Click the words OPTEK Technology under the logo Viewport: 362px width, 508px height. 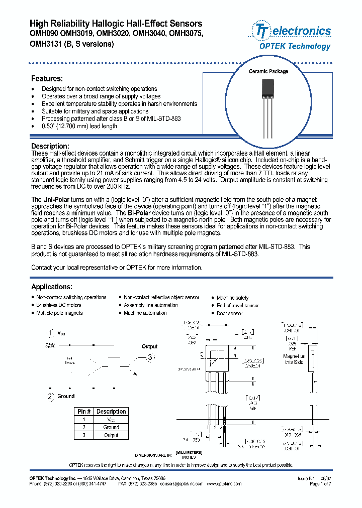(295, 46)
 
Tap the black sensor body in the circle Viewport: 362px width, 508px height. (268, 91)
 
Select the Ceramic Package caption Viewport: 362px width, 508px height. (268, 72)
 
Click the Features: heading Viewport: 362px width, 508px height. (47, 79)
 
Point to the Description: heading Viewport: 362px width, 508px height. (50, 146)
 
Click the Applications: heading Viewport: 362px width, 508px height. (52, 287)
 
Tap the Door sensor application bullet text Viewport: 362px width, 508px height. (229, 313)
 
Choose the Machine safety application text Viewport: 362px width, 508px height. (232, 298)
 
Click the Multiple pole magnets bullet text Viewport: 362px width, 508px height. (59, 313)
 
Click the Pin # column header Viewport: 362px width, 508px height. (83, 412)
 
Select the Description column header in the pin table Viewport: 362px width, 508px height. (111, 412)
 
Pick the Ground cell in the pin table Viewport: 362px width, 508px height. (111, 427)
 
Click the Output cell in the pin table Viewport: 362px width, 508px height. (111, 435)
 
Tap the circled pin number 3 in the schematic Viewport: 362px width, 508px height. (149, 357)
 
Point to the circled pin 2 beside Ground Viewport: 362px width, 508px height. (49, 397)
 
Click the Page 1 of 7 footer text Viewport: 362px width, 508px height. (320, 484)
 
